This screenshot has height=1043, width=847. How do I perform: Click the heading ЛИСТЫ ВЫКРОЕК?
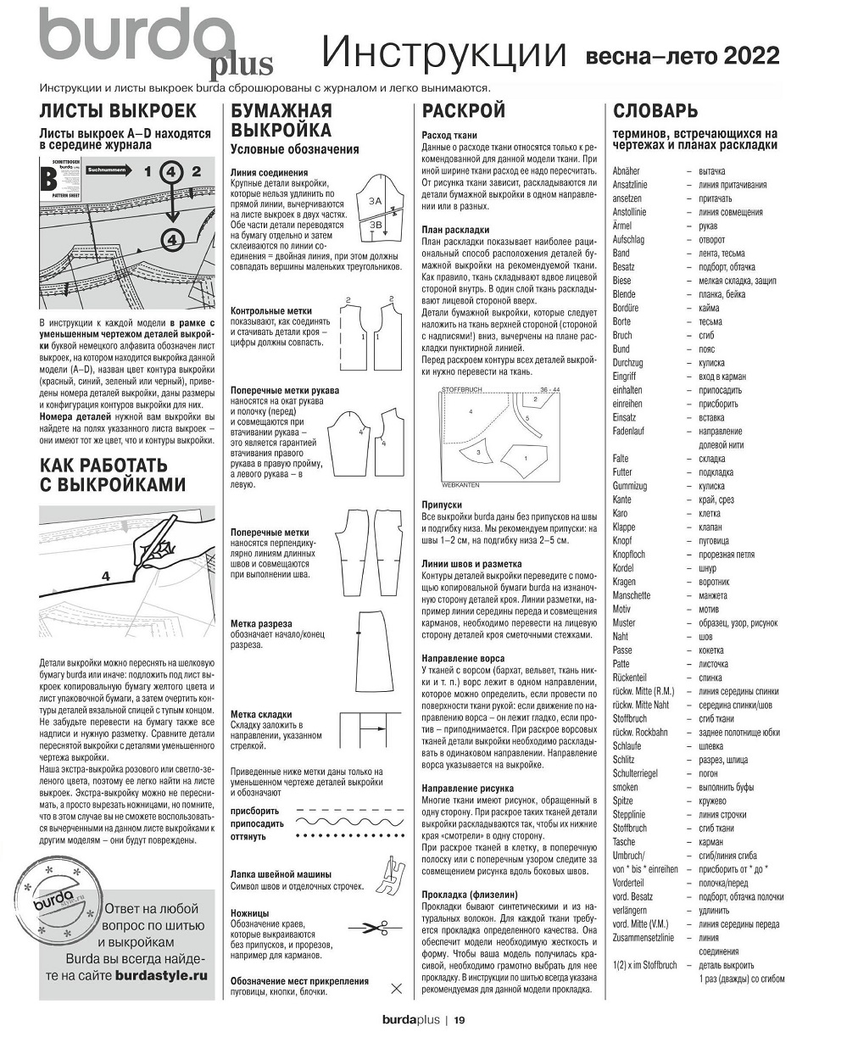tap(118, 111)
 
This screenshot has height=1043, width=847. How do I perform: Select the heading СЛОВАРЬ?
tap(655, 111)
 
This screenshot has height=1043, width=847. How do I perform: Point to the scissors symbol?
tap(366, 928)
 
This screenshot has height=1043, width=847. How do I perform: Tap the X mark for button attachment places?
tap(394, 988)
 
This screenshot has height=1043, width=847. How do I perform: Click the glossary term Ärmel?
tap(624, 226)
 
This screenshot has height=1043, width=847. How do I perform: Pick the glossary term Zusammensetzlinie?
tap(643, 937)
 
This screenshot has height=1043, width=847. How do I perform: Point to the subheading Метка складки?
tap(261, 714)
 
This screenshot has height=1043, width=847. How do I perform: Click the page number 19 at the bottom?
tap(459, 1020)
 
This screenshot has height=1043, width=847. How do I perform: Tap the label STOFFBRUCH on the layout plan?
tap(461, 390)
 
